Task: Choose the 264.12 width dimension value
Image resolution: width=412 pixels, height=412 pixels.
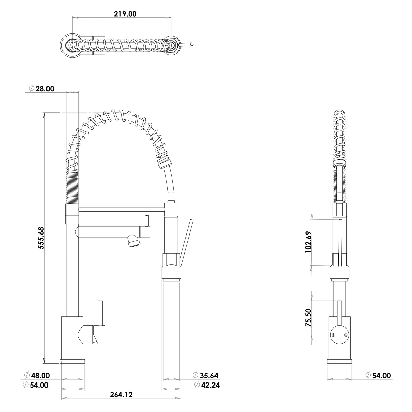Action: (x=121, y=394)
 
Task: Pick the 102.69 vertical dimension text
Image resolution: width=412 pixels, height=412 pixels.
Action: (x=308, y=242)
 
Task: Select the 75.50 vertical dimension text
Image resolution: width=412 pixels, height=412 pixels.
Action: (x=308, y=318)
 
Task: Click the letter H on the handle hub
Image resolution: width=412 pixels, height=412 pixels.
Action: (x=333, y=335)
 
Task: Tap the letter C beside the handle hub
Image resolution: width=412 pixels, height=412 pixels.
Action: (x=345, y=335)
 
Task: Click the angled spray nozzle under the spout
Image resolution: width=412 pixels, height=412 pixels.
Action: (x=133, y=241)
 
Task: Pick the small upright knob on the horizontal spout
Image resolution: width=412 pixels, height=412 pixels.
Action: (x=147, y=220)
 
